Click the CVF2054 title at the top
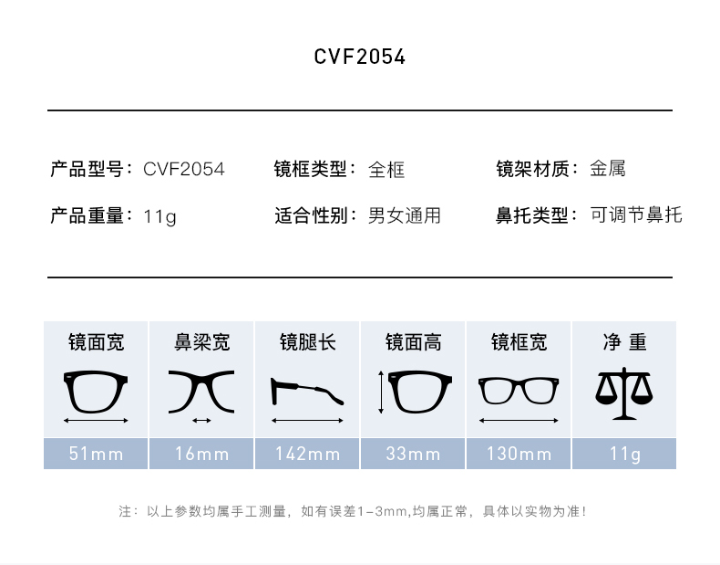pyautogui.click(x=360, y=57)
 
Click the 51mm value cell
pyautogui.click(x=96, y=454)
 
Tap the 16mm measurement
pyautogui.click(x=201, y=454)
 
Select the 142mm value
pyautogui.click(x=307, y=454)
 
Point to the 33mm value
pyautogui.click(x=413, y=454)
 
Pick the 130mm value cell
pyautogui.click(x=519, y=454)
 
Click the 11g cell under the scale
pyautogui.click(x=624, y=454)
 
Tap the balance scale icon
pyautogui.click(x=624, y=392)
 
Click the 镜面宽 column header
pyautogui.click(x=96, y=342)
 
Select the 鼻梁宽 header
pyautogui.click(x=201, y=342)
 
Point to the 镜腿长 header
pyautogui.click(x=307, y=342)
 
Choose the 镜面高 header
pyautogui.click(x=413, y=342)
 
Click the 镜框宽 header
pyautogui.click(x=519, y=342)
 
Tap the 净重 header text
pyautogui.click(x=624, y=342)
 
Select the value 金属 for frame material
pyautogui.click(x=607, y=169)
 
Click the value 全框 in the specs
pyautogui.click(x=386, y=170)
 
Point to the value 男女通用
pyautogui.click(x=404, y=215)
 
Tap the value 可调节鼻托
pyautogui.click(x=635, y=215)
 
